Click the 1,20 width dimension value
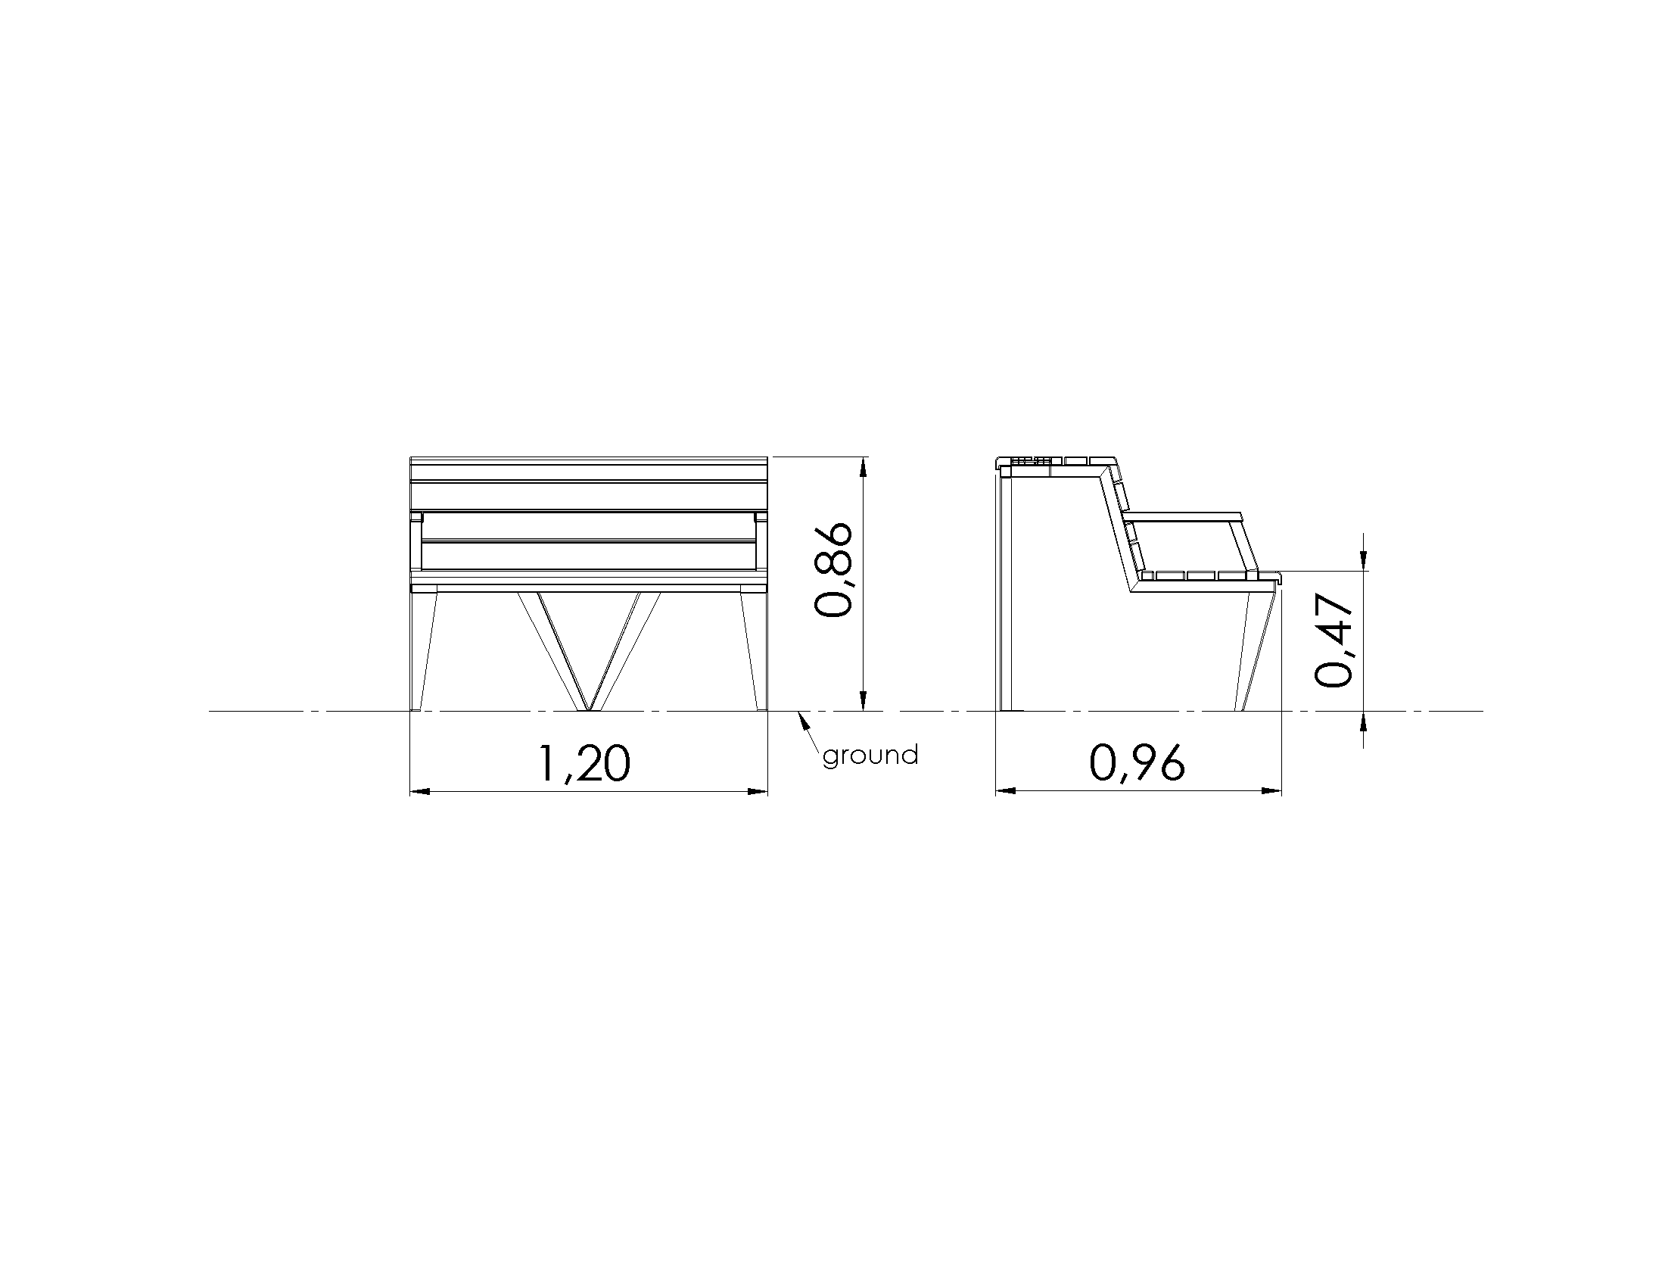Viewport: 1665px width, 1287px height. point(585,764)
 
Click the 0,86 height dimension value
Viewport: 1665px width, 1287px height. point(832,569)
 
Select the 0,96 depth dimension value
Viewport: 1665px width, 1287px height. point(1137,763)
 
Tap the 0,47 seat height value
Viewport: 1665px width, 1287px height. point(1334,641)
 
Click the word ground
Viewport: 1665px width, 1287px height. point(870,756)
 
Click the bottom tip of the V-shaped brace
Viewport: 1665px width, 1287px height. point(588,710)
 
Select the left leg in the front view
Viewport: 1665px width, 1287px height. point(423,652)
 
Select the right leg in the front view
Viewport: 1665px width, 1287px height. point(752,652)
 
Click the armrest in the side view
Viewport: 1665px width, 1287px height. point(1183,517)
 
